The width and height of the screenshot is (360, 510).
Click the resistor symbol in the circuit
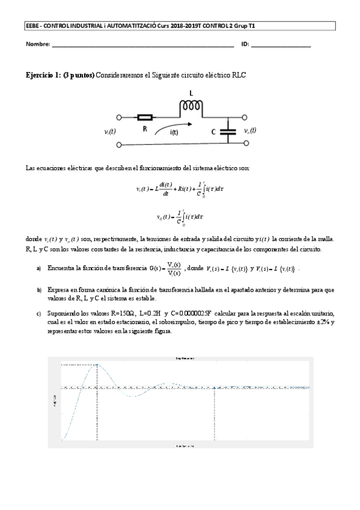[x=145, y=118]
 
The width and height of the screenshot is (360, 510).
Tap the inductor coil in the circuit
[x=191, y=106]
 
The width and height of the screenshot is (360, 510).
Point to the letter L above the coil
[x=191, y=94]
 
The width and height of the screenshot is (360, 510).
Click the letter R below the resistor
[x=144, y=129]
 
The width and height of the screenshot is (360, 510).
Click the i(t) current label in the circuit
[x=174, y=132]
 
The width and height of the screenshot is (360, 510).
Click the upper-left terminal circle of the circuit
[x=119, y=118]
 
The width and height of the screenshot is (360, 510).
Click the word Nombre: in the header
[x=37, y=45]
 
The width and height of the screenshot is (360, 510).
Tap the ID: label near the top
[x=245, y=45]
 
